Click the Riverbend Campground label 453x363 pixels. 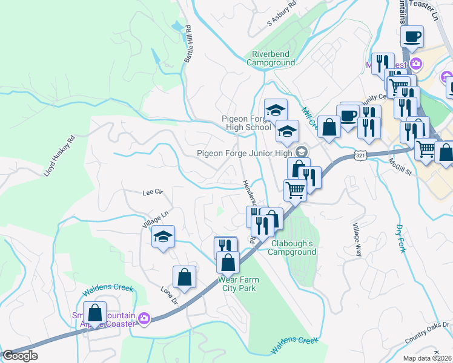pos(271,57)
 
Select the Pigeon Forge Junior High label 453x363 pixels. pos(244,153)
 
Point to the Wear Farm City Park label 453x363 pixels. pos(237,284)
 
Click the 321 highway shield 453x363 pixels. pos(360,156)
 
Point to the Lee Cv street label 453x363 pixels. pos(153,192)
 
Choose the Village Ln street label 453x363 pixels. pos(154,217)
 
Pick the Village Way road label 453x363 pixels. pos(357,240)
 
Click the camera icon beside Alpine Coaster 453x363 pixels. pos(144,318)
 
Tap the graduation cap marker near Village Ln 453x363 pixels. pos(163,237)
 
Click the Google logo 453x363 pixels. pos(20,356)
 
